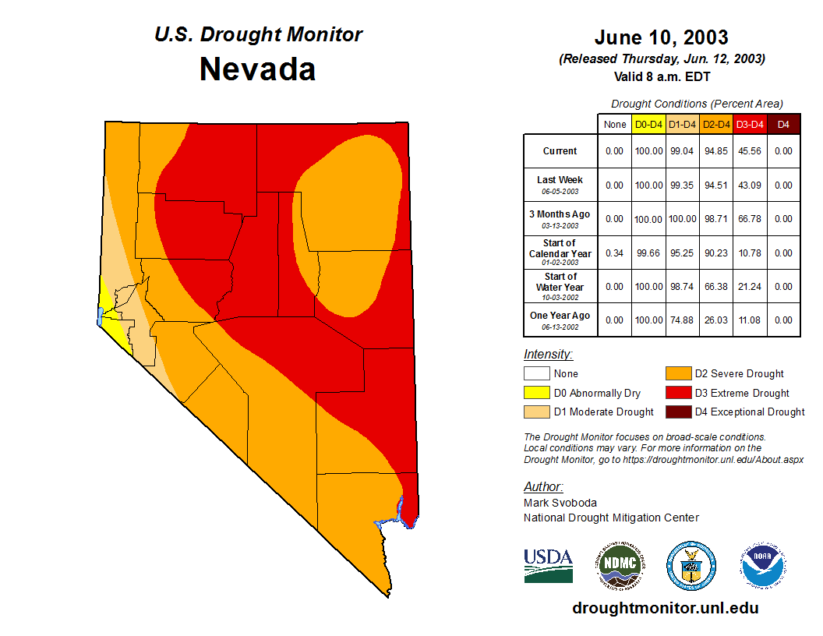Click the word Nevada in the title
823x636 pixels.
click(257, 69)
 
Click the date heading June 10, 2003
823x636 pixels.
click(662, 37)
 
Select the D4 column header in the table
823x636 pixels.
click(783, 125)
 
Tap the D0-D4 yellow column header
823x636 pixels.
click(648, 125)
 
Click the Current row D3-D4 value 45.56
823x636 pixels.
click(750, 151)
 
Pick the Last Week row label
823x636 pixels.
click(560, 185)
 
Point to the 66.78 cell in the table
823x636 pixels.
click(750, 219)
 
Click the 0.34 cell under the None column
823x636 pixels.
click(615, 253)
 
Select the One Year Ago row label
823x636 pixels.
click(560, 320)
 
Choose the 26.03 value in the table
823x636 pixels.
click(716, 320)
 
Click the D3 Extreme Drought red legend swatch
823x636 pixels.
click(678, 393)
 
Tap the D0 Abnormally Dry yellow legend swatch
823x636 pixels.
click(536, 393)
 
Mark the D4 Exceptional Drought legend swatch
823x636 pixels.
click(678, 412)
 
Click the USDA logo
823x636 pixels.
click(548, 566)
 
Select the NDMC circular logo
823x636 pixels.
click(620, 566)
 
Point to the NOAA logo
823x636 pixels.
click(763, 566)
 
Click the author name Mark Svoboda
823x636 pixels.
click(560, 503)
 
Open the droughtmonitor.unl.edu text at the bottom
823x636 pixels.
click(666, 608)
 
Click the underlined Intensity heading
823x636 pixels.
click(548, 355)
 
